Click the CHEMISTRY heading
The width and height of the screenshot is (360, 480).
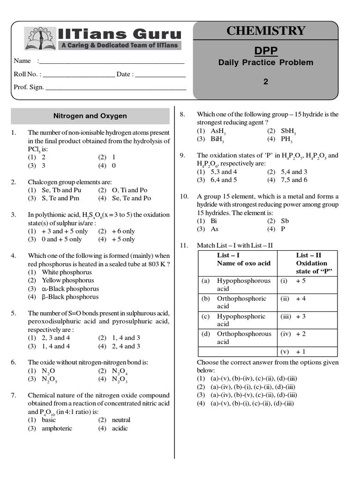265,31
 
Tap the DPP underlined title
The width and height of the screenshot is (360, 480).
265,50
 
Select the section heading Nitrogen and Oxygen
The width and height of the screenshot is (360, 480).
90,116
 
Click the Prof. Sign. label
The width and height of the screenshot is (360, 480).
29,87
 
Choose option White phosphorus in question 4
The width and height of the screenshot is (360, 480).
67,272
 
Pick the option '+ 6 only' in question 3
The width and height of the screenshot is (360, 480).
123,231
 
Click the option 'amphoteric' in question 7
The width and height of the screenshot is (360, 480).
57,428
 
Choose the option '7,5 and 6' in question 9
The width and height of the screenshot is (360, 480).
294,180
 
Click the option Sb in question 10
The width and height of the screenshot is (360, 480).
285,221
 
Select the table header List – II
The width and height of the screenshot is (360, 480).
308,255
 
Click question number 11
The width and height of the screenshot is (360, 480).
184,245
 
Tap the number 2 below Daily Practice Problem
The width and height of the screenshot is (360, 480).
266,82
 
